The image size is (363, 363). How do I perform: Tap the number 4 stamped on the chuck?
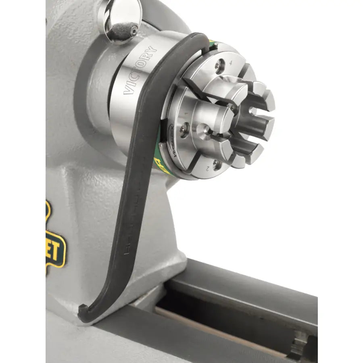[x=231, y=63]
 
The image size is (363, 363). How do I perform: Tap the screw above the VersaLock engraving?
[x=184, y=129]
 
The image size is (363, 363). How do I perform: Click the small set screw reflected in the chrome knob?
[x=133, y=30]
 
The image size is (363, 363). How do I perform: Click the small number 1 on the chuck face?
[x=186, y=114]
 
